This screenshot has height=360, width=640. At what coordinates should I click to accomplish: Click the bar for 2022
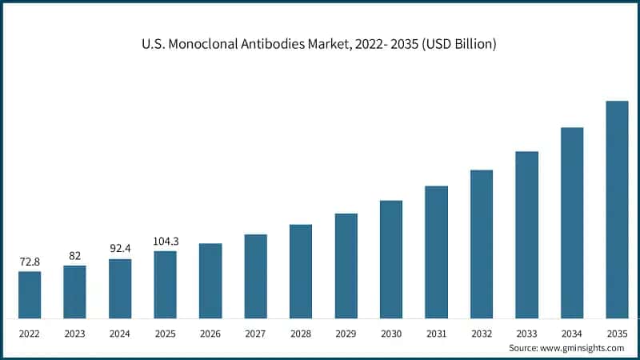[x=30, y=294]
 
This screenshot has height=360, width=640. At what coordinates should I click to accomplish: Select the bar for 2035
[x=617, y=210]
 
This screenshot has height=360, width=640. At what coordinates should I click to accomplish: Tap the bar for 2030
[x=391, y=259]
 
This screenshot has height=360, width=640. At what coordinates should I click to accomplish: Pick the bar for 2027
[x=255, y=276]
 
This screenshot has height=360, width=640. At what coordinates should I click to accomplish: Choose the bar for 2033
[x=526, y=234]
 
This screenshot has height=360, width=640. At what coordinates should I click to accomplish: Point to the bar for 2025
[x=165, y=285]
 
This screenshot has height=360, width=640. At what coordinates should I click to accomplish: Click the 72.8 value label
[x=30, y=262]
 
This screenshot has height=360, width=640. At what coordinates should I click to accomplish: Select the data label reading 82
[x=74, y=256]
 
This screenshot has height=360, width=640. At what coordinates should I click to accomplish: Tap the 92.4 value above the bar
[x=120, y=249]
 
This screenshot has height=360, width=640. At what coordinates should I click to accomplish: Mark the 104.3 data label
[x=165, y=241]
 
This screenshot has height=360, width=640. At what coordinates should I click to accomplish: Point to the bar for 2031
[x=436, y=252]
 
